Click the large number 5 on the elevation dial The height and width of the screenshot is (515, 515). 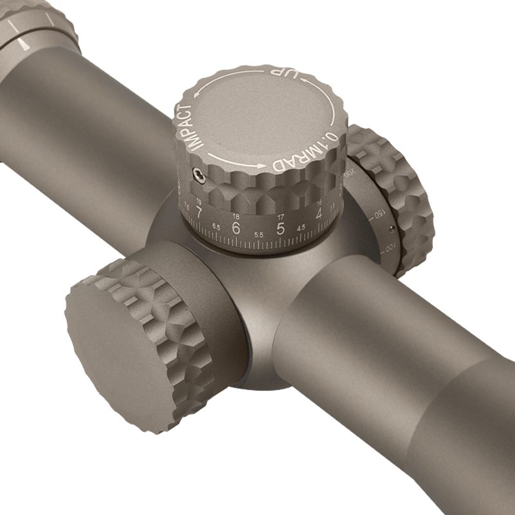point(280,229)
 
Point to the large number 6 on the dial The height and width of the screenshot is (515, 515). point(236,227)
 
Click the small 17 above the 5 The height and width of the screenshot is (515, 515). point(281,216)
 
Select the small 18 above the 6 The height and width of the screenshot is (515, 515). point(237,215)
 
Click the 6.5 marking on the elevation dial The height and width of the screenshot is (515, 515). point(216,227)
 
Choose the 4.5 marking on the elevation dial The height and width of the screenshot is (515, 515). point(301,228)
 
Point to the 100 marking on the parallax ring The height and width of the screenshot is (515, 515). point(389,248)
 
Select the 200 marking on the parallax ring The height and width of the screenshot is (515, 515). point(349,174)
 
